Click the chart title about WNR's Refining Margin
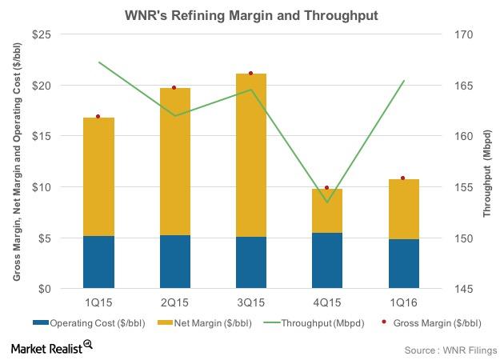click(251, 14)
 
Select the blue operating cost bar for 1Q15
click(98, 262)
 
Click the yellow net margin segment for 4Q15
click(327, 211)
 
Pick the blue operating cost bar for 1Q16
click(403, 264)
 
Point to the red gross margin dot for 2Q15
click(174, 87)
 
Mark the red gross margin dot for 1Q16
click(403, 178)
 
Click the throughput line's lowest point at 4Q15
click(327, 202)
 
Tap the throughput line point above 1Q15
click(98, 62)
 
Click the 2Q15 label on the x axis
click(174, 302)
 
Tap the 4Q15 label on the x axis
click(327, 302)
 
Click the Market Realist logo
click(51, 346)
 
